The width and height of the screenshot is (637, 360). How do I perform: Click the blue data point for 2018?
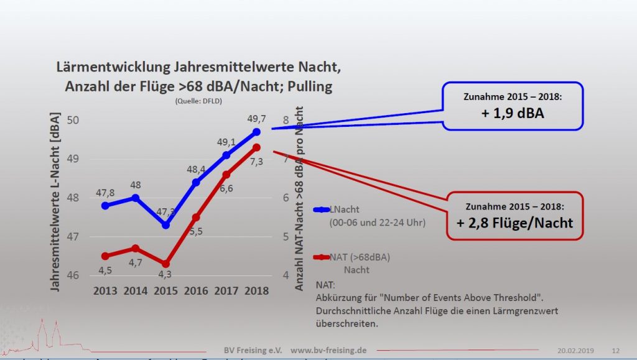point(256,132)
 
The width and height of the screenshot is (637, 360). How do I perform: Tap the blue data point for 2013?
point(105,205)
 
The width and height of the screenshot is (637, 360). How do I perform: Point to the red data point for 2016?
point(196,217)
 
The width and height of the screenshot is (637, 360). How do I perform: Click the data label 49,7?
point(258,118)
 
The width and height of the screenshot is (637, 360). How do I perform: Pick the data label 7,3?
point(256,161)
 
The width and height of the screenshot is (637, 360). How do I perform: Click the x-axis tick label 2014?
point(135,290)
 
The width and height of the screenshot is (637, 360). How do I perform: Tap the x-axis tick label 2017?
point(226,290)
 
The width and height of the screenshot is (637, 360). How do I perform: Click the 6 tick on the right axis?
point(286,198)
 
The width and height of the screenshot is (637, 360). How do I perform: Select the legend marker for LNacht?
point(322,210)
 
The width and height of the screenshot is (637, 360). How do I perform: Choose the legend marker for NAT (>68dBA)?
point(322,257)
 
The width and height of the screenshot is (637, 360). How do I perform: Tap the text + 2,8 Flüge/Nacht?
point(514,223)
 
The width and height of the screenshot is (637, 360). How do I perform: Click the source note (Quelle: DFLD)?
point(198,101)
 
